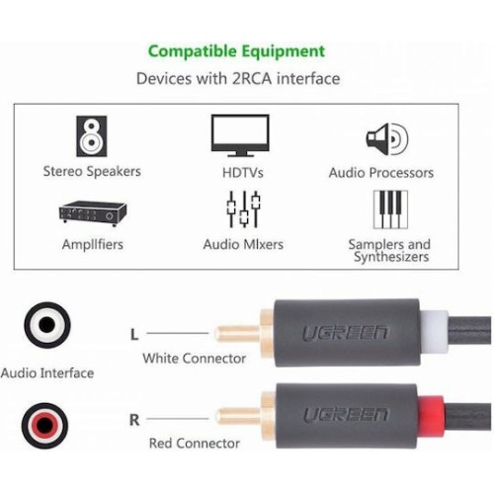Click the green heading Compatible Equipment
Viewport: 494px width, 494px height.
pos(236,51)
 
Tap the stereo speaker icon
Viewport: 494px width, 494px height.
pos(92,136)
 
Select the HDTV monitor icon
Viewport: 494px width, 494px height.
pos(240,135)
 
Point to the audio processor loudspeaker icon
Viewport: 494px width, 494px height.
pos(387,139)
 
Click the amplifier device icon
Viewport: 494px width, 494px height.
pos(93,213)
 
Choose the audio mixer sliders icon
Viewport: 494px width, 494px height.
pos(243,208)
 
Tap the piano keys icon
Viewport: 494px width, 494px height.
pos(390,209)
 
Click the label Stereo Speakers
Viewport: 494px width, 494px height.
pos(92,172)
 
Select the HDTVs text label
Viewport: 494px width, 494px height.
pos(243,173)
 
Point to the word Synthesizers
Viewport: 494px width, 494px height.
pos(391,257)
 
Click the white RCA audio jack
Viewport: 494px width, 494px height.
pos(47,325)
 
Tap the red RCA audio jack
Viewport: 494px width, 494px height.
pos(45,426)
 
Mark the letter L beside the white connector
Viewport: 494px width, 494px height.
pos(134,334)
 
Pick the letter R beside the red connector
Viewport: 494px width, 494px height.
pos(134,420)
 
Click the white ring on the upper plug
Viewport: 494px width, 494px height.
pos(434,332)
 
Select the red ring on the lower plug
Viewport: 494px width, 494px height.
pos(431,415)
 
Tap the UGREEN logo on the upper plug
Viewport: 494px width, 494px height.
pos(345,333)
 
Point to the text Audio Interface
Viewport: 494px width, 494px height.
pos(47,373)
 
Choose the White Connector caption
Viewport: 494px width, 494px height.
pos(195,359)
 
